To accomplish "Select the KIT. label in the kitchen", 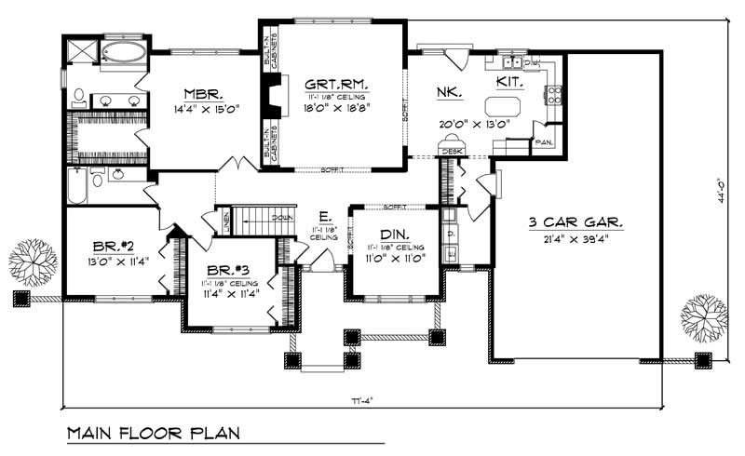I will tap(508, 84).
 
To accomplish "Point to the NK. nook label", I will tap(444, 92).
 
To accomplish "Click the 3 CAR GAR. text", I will tap(576, 222).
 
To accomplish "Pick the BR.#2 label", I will tap(113, 246).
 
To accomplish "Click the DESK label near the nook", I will tap(453, 150).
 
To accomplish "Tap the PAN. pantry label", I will tap(542, 142).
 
